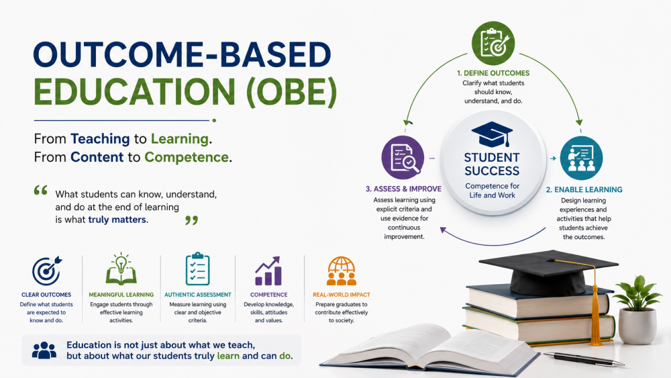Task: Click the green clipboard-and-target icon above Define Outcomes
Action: click(x=493, y=43)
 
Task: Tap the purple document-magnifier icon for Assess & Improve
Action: click(x=403, y=158)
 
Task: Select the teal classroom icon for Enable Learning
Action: click(x=581, y=158)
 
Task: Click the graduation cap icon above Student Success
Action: click(x=492, y=134)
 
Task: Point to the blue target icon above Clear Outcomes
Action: click(x=47, y=271)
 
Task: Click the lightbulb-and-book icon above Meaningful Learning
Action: click(x=121, y=269)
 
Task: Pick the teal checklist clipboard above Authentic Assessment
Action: click(x=198, y=269)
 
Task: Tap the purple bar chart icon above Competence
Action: click(x=268, y=271)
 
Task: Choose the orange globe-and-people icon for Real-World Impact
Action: click(x=341, y=271)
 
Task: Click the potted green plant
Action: click(x=637, y=309)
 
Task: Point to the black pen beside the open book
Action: click(x=584, y=359)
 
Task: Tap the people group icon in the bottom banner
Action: click(x=44, y=350)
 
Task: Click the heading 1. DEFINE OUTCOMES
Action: click(x=493, y=73)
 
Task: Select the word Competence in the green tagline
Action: click(x=186, y=157)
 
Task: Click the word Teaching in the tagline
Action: click(x=100, y=139)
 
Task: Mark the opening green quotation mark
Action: click(x=41, y=191)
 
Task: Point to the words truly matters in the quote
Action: click(x=117, y=220)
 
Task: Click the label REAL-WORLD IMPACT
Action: click(x=342, y=295)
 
